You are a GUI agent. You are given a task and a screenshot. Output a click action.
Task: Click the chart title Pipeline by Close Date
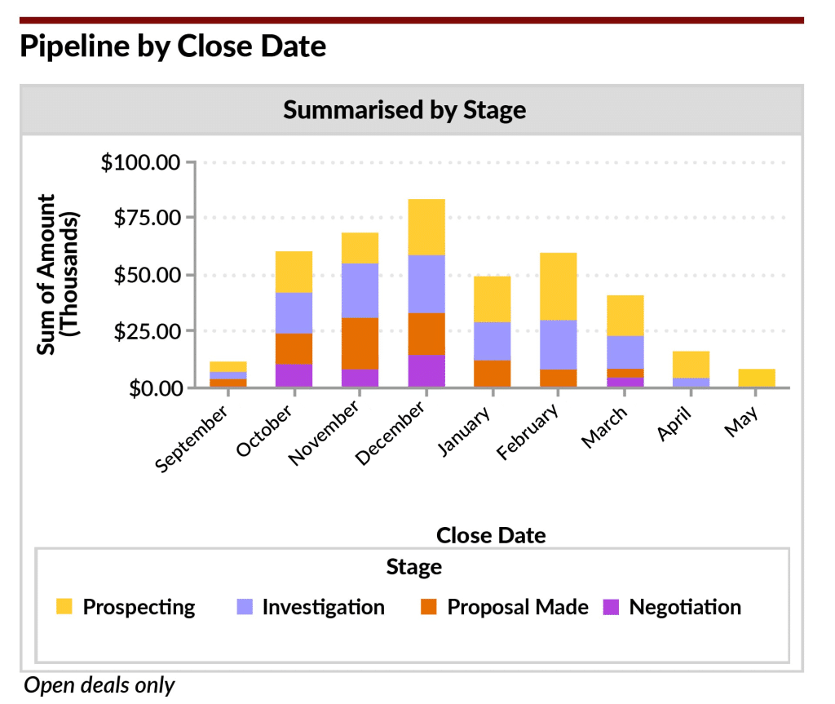[172, 46]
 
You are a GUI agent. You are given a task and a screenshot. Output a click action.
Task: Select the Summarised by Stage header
[404, 110]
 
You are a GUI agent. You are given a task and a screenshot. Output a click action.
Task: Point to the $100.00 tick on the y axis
[139, 162]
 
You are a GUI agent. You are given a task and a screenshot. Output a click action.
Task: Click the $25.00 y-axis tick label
[144, 331]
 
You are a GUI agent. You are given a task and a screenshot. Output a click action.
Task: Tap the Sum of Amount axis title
[58, 274]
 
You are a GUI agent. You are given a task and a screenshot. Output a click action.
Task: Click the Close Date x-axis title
[491, 535]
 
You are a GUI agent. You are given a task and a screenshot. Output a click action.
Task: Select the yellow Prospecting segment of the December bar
[427, 227]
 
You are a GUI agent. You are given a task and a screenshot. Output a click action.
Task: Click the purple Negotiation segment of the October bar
[294, 375]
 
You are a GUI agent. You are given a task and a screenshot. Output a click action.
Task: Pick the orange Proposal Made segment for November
[360, 343]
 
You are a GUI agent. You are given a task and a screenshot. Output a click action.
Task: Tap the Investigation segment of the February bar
[559, 344]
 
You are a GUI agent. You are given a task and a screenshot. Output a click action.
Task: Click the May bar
[758, 378]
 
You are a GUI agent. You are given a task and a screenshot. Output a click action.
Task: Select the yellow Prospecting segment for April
[691, 364]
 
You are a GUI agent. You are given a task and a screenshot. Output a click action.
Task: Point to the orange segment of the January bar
[493, 373]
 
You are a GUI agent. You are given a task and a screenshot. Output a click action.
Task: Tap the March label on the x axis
[604, 427]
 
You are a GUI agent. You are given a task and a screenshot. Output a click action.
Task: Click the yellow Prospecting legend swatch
[64, 607]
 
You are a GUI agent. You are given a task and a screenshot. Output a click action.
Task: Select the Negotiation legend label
[685, 607]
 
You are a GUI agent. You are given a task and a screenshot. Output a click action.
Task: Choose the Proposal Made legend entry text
[518, 607]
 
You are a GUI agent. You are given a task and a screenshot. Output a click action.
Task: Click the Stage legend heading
[414, 566]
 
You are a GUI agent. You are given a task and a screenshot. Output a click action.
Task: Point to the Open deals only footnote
[99, 685]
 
